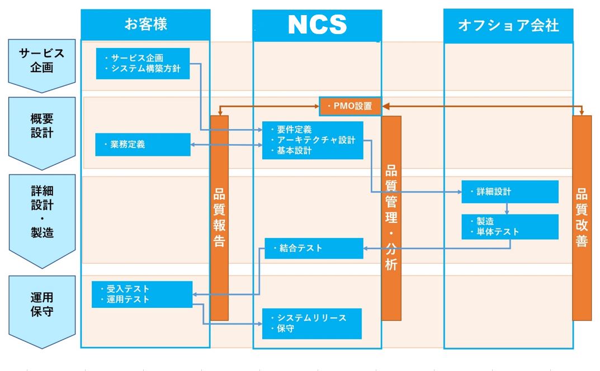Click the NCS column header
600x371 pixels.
pos(317,25)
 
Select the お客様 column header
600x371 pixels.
pos(145,25)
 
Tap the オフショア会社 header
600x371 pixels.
pos(508,26)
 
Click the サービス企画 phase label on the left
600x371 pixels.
pos(42,61)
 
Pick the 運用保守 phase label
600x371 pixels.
pos(42,304)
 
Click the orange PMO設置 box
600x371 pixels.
pos(350,106)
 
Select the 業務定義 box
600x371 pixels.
pos(143,144)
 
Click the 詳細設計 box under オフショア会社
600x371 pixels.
pos(509,192)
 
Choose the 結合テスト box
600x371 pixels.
pos(314,248)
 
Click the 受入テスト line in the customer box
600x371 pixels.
pos(128,289)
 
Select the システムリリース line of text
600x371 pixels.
pos(311,318)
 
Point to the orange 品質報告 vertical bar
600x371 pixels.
pos(219,218)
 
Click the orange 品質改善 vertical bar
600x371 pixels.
pos(582,218)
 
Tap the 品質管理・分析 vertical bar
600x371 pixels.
pos(391,218)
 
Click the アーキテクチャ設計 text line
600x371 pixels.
pos(316,140)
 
